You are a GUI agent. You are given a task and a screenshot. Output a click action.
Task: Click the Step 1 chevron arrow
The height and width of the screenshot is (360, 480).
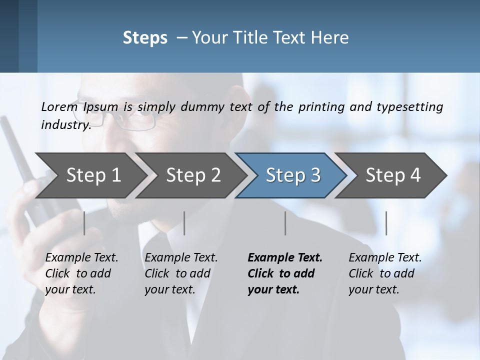point(90,175)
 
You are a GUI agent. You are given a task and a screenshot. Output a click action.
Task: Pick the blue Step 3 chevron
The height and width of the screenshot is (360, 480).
point(292,175)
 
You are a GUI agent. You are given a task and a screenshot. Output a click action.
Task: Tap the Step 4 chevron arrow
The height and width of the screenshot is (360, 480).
point(392,175)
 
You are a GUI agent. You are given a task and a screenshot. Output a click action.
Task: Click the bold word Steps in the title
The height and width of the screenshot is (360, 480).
point(145,38)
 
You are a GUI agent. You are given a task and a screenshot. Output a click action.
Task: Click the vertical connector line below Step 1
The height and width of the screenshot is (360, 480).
point(84,223)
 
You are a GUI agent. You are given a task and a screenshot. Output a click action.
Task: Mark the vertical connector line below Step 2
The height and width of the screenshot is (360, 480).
point(184,223)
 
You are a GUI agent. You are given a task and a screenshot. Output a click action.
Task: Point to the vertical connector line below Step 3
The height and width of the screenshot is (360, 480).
point(285,223)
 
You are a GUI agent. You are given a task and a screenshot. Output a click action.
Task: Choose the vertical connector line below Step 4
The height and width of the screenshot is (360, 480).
point(386,223)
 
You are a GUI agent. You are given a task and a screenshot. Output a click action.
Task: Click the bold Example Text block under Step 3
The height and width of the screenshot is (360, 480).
point(285,273)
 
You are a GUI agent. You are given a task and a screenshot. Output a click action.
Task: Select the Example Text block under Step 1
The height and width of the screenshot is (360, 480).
point(81,273)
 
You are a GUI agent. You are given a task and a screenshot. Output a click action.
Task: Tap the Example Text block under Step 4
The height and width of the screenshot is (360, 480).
point(385,273)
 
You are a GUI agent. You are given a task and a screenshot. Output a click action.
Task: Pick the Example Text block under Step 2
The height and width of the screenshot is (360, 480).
point(181,273)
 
